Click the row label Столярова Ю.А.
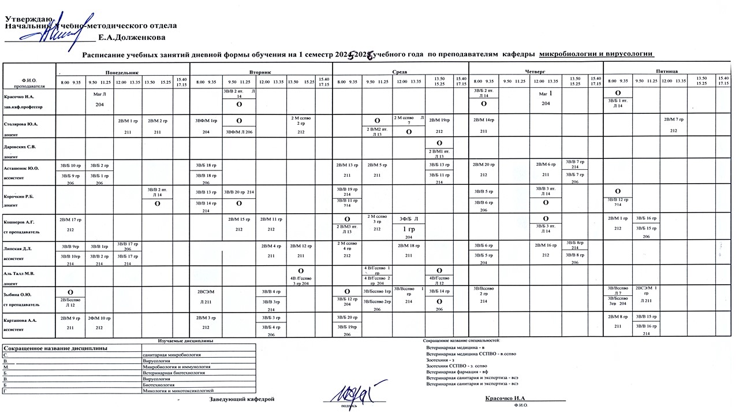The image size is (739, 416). pos(21,124)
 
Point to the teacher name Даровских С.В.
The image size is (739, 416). pos(20,146)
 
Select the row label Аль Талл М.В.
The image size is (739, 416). pos(20,273)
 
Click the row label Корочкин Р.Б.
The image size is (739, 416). pos(20,196)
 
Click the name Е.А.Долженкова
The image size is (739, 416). pos(132,38)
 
